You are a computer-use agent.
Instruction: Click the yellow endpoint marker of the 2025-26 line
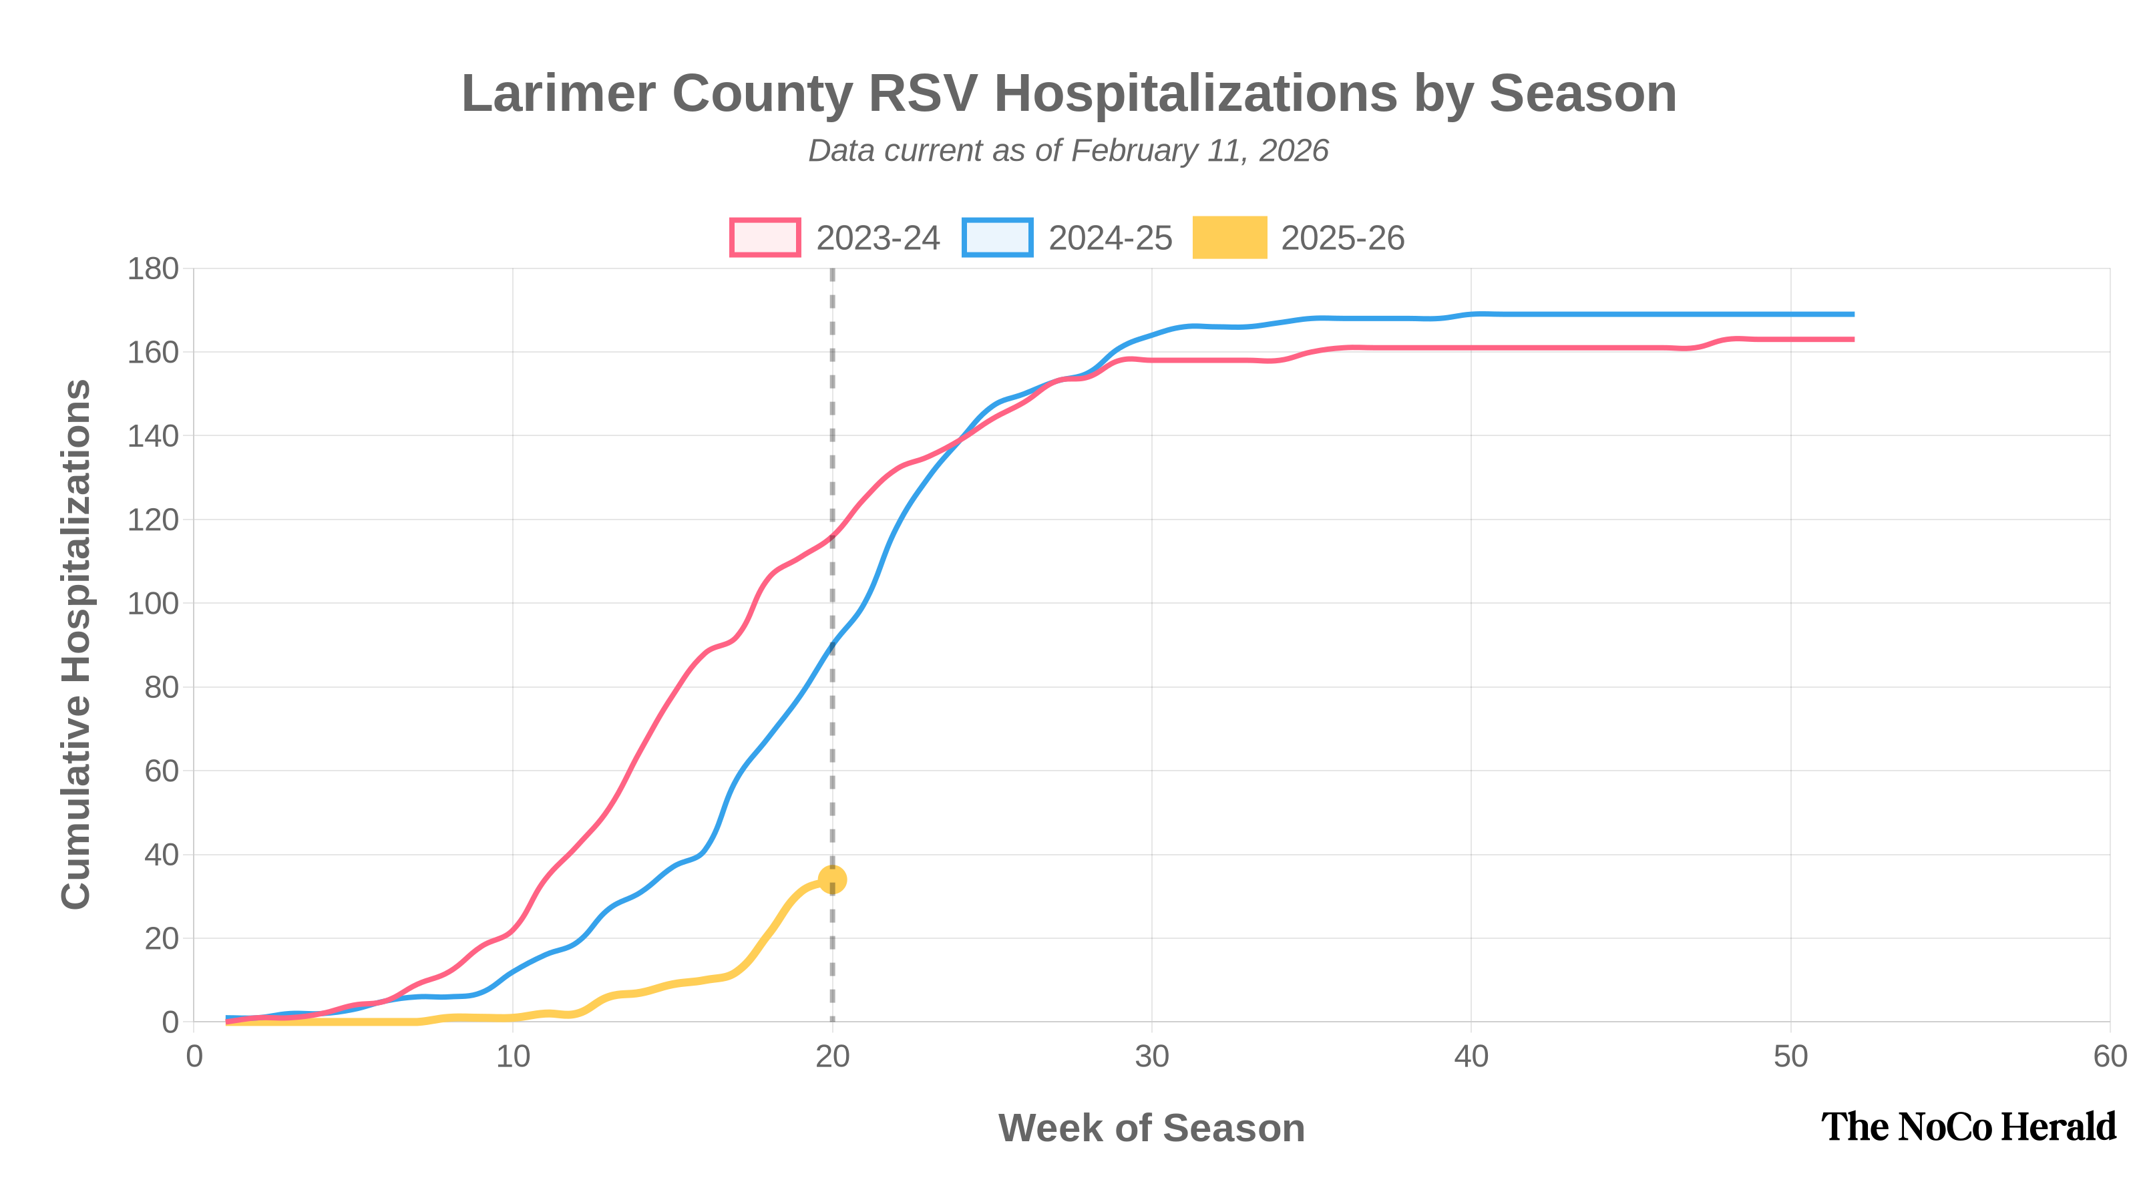[x=832, y=879]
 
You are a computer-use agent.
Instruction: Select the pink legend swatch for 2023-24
[x=765, y=237]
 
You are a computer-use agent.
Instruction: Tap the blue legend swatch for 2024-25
[x=997, y=237]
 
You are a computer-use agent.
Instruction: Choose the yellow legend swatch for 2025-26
[x=1229, y=237]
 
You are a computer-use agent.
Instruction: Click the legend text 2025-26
[x=1342, y=238]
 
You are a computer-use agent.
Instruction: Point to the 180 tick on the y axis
[x=153, y=268]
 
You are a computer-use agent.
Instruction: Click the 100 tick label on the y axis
[x=153, y=604]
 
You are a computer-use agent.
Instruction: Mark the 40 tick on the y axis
[x=161, y=855]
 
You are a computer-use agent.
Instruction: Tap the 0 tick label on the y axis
[x=170, y=1023]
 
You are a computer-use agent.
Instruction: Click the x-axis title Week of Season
[x=1151, y=1128]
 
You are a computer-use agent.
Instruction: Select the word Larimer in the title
[x=558, y=93]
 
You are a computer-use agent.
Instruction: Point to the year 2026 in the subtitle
[x=1294, y=151]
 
